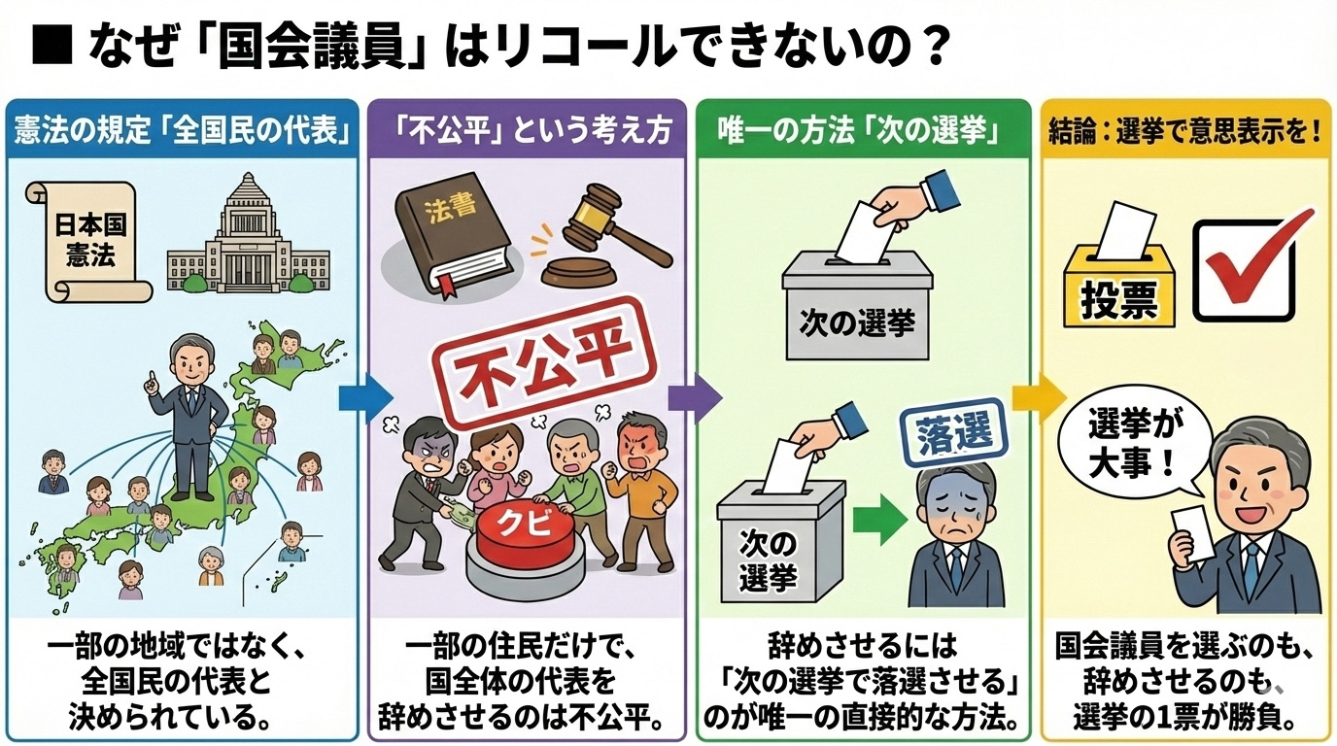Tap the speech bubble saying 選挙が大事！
(1134, 443)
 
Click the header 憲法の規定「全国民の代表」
(184, 129)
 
